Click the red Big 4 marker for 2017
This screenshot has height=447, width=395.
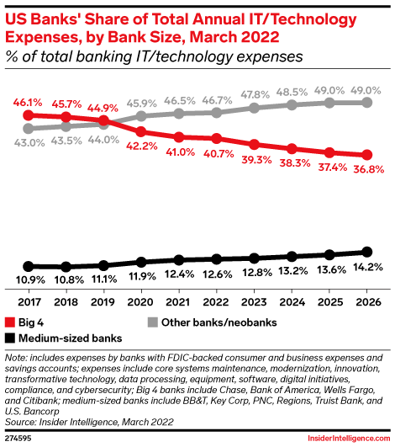(29, 115)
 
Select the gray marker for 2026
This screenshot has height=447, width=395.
(366, 103)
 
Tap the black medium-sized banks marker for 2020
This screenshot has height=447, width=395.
(141, 262)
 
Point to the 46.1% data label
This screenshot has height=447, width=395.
(28, 103)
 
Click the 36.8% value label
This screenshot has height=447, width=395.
(369, 169)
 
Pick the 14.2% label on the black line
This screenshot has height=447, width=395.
(367, 267)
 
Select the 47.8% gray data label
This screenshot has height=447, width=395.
(255, 94)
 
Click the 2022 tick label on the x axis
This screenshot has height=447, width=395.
(216, 302)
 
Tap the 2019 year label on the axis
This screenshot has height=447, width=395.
(103, 302)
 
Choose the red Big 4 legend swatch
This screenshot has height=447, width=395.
(10, 322)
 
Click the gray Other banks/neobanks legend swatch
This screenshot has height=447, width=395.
(153, 322)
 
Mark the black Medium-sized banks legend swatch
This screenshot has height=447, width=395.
(10, 338)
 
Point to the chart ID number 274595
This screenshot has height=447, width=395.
(18, 439)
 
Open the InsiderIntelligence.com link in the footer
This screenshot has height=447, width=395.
(349, 439)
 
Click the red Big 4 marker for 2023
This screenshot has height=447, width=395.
(254, 145)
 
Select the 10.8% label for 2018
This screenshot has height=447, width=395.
(69, 280)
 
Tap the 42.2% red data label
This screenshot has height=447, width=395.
(142, 146)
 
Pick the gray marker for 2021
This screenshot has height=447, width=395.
(179, 114)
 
